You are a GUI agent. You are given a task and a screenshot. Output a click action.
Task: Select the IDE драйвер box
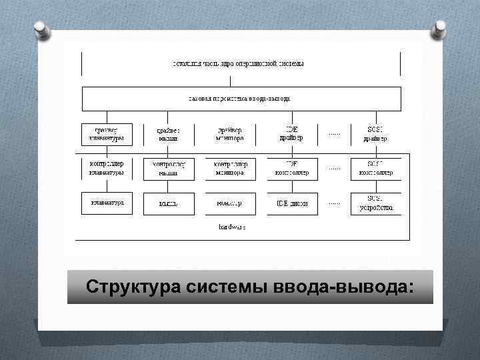pyautogui.click(x=292, y=134)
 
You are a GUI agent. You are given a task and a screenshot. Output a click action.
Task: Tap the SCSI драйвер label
pyautogui.click(x=376, y=134)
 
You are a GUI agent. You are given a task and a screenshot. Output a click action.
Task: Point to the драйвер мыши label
pyautogui.click(x=168, y=134)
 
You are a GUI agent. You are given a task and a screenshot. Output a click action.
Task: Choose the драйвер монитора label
pyautogui.click(x=230, y=134)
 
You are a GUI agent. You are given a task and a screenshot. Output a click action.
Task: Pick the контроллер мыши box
pyautogui.click(x=168, y=169)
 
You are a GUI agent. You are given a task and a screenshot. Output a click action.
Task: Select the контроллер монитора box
pyautogui.click(x=230, y=169)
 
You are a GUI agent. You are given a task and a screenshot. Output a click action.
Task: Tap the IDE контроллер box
pyautogui.click(x=292, y=169)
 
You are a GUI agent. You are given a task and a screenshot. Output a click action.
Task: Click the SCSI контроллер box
pyautogui.click(x=376, y=169)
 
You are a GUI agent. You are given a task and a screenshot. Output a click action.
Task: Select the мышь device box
pyautogui.click(x=168, y=203)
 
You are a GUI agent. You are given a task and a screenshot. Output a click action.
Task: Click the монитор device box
pyautogui.click(x=230, y=203)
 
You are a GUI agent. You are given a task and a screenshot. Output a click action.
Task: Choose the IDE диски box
pyautogui.click(x=292, y=203)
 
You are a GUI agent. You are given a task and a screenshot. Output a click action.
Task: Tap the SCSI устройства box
pyautogui.click(x=376, y=203)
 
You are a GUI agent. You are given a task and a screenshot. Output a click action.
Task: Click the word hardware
pyautogui.click(x=232, y=227)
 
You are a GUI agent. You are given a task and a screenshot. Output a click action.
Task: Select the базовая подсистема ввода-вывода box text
pyautogui.click(x=239, y=98)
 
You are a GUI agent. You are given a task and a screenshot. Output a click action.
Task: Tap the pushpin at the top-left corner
pyautogui.click(x=41, y=29)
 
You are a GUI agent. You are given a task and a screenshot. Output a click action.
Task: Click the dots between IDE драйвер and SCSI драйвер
pyautogui.click(x=334, y=134)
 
